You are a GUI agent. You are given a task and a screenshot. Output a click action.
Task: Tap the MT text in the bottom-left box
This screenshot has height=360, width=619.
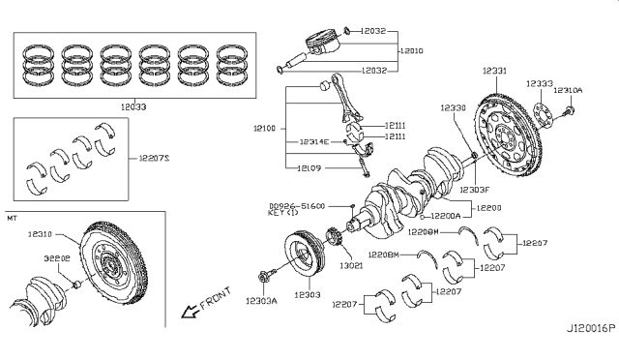click(x=13, y=220)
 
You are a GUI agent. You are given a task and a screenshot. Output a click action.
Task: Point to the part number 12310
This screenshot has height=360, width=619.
click(x=42, y=234)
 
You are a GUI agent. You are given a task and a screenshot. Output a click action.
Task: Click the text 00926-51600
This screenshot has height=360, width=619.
click(x=296, y=205)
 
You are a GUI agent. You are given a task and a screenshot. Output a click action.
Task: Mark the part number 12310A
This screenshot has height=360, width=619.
click(x=568, y=89)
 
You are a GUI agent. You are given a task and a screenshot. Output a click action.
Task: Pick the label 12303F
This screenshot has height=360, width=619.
click(x=476, y=189)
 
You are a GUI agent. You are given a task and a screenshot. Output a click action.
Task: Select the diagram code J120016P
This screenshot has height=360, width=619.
click(x=589, y=354)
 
